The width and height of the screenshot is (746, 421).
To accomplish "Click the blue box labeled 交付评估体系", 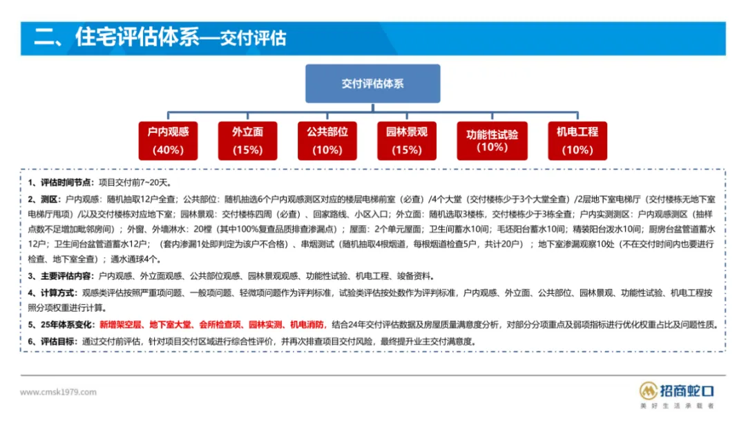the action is (372, 84).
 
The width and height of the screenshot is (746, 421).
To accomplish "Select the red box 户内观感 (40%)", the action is (168, 140).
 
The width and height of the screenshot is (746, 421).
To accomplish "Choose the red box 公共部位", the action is (327, 140).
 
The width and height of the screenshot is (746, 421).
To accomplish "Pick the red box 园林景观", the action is (407, 140).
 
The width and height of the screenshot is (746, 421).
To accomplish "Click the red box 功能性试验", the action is (492, 140).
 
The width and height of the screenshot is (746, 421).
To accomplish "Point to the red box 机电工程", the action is (577, 140).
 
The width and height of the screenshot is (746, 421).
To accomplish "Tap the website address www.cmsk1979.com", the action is (58, 392).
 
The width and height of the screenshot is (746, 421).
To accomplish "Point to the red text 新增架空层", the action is (120, 325).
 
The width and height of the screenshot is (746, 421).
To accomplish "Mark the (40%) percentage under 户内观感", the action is (168, 149).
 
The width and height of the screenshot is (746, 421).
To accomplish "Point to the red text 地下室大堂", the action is (171, 325).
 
